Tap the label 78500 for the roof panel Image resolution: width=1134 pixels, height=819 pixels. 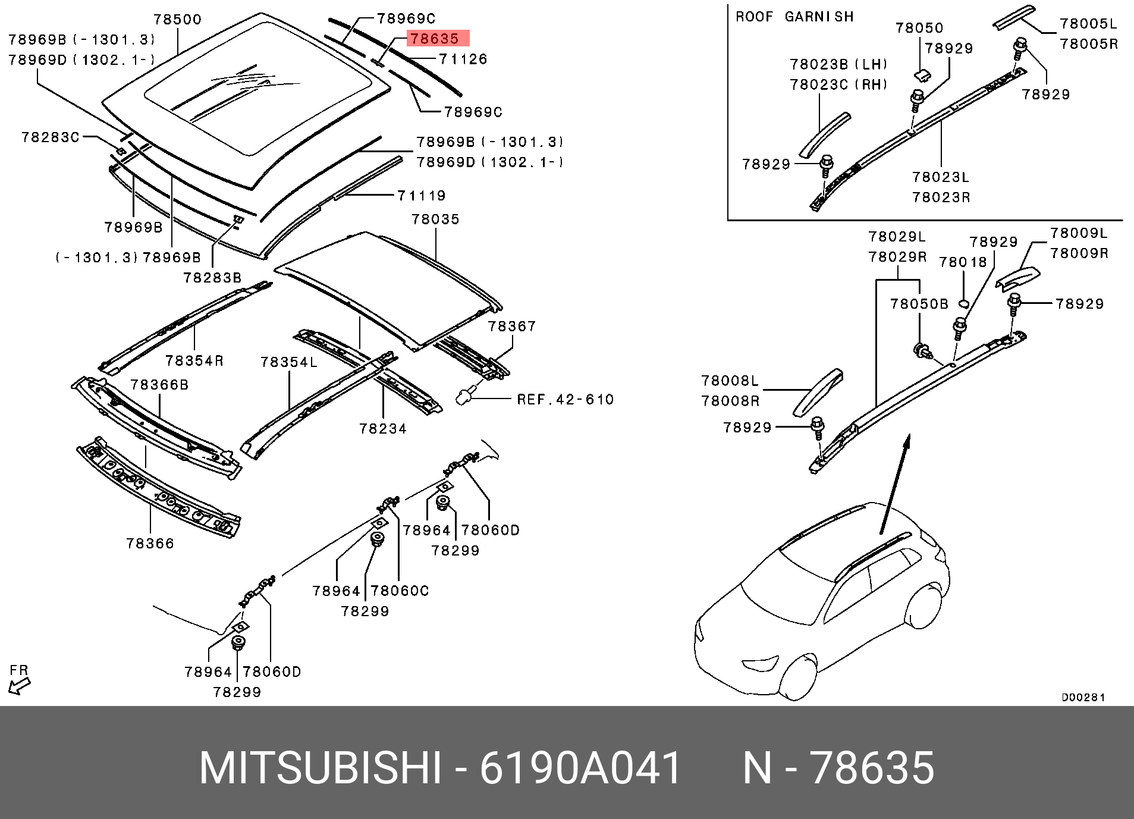[x=178, y=19]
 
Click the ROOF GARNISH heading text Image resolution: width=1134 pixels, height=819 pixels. [x=794, y=17]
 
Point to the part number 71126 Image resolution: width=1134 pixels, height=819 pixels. [x=463, y=59]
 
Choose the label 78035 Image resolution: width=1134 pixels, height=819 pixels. [x=436, y=219]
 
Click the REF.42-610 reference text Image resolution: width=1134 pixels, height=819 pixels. [x=565, y=399]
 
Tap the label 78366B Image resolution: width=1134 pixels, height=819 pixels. [x=159, y=385]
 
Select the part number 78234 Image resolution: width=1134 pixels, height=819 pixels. [x=383, y=428]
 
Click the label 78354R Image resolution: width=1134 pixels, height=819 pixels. [x=194, y=360]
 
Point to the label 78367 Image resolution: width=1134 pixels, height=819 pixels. [x=512, y=326]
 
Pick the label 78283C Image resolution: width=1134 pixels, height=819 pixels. [x=51, y=137]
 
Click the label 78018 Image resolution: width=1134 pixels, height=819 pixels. [x=963, y=262]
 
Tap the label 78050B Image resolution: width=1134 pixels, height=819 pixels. [x=919, y=304]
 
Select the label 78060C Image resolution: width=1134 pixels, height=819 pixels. [x=400, y=591]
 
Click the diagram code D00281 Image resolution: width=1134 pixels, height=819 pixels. [x=1083, y=697]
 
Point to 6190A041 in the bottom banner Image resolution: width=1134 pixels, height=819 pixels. [x=580, y=768]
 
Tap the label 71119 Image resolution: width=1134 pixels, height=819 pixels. [x=422, y=195]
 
